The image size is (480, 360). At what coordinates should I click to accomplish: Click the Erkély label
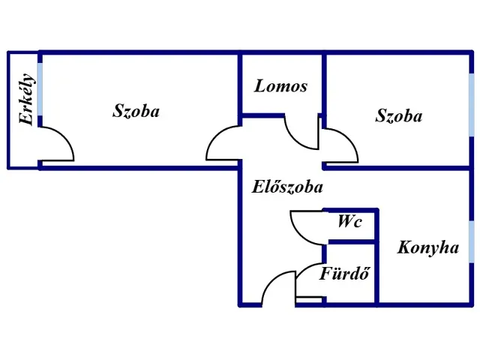26,99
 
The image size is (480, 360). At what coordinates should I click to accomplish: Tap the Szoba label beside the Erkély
136,111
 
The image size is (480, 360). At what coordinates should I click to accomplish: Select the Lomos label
280,85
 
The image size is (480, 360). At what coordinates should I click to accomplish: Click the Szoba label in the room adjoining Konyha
398,115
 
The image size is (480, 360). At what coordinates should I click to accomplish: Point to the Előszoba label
287,187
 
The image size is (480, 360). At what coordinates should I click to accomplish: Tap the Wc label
349,221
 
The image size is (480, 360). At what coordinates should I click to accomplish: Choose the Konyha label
428,247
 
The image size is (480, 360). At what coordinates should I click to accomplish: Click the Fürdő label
346,273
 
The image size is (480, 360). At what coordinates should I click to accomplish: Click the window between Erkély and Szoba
40,91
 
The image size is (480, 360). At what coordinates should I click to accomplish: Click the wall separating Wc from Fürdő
350,241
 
